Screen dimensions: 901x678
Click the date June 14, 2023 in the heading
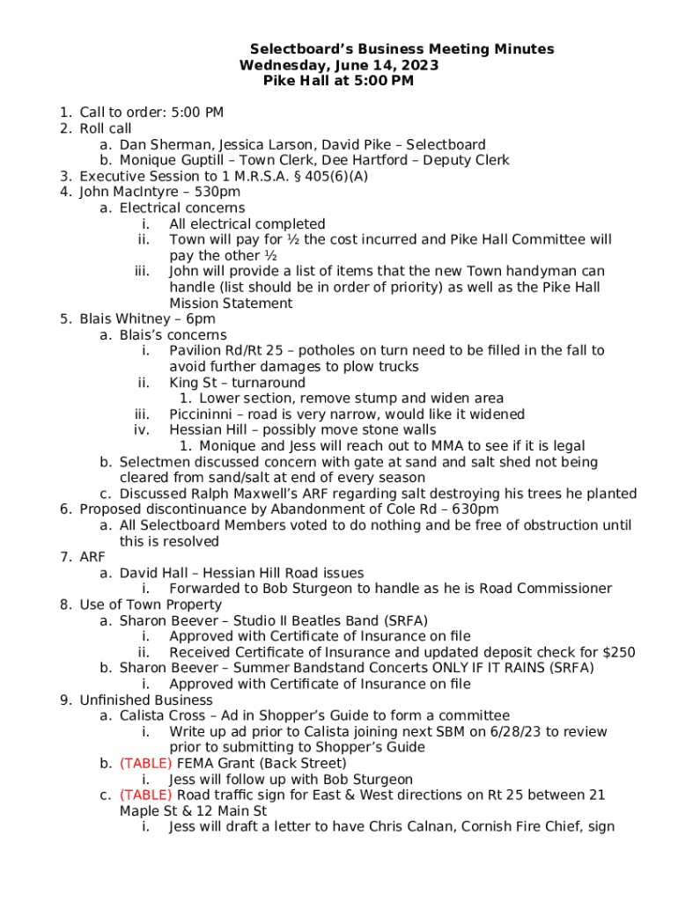pyautogui.click(x=388, y=65)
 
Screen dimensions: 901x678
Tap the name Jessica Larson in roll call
pyautogui.click(x=267, y=144)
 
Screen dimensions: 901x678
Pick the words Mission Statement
pyautogui.click(x=231, y=304)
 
